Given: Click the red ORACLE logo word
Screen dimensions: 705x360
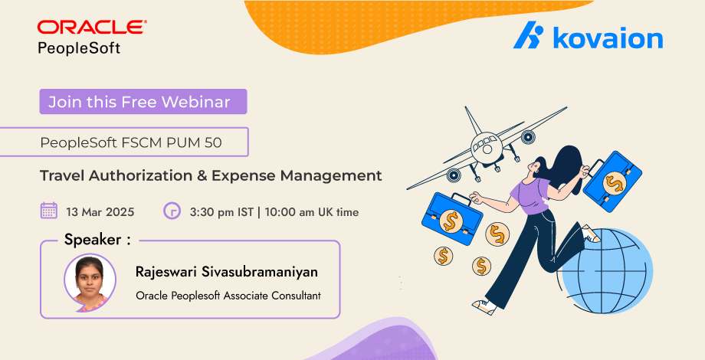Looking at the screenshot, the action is coord(92,27).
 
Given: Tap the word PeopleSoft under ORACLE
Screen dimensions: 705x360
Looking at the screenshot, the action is coord(79,47).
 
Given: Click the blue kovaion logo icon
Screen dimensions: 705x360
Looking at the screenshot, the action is coord(528,34).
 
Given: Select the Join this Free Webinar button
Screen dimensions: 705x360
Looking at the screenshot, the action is coord(143,102).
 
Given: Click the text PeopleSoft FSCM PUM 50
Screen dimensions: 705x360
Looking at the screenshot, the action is coord(131,142).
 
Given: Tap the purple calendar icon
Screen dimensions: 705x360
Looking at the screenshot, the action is coord(48,211).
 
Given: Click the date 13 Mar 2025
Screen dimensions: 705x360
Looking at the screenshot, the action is coord(100,211).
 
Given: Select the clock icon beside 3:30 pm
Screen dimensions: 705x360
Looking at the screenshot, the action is coord(172,211).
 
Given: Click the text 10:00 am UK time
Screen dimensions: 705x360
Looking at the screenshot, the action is coord(312,211).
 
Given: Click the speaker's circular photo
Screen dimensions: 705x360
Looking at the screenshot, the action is coord(90,282).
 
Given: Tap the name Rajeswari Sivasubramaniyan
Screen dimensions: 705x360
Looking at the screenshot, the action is coord(227,272).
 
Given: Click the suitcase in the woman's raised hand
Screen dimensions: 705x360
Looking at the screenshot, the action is coord(612,181).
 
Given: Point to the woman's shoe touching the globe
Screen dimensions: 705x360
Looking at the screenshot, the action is coord(591,234).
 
